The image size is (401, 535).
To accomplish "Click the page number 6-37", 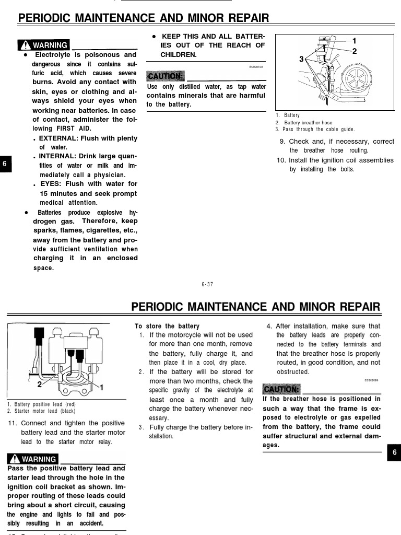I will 207,284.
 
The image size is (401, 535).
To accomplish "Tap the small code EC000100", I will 256,67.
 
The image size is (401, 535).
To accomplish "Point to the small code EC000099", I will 372,381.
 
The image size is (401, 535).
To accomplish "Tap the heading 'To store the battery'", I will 167,326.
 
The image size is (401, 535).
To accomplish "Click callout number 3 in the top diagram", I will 301,60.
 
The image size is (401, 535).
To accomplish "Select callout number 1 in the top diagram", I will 355,41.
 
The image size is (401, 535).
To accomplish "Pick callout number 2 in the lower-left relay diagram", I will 40,384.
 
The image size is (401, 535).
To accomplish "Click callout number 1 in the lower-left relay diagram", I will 101,387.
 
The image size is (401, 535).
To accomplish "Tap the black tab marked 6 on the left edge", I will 4,164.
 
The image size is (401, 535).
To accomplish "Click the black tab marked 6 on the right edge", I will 394,453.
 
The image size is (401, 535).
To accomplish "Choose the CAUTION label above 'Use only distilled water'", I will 165,76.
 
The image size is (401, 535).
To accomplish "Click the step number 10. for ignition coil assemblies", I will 281,160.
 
